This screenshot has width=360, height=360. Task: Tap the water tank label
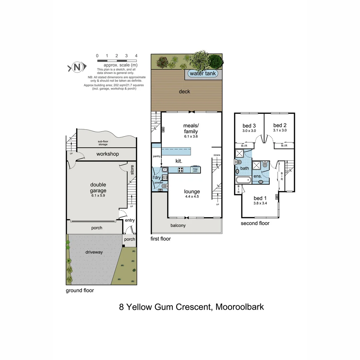[203, 74]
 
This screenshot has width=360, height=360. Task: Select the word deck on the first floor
[184, 91]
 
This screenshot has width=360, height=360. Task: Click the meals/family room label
[191, 128]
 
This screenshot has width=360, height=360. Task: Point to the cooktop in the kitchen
[181, 170]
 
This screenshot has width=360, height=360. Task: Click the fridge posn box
[195, 170]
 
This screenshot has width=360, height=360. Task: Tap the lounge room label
[192, 192]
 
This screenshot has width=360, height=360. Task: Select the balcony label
[178, 225]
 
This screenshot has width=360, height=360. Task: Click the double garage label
[98, 188]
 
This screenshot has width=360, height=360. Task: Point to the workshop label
[108, 154]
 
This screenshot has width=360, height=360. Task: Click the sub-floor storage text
[103, 143]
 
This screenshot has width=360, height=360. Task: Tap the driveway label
[94, 252]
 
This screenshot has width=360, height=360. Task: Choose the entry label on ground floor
[130, 220]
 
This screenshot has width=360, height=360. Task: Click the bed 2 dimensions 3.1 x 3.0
[280, 131]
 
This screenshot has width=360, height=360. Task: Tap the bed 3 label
[249, 126]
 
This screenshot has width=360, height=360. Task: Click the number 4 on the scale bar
[136, 56]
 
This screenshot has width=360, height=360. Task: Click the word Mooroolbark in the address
[240, 307]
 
